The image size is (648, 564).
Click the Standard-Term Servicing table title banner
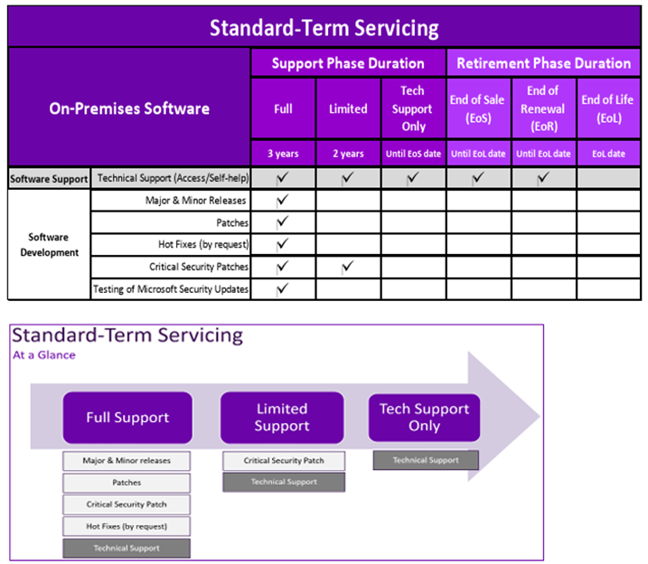tap(324, 27)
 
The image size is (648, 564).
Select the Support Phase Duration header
tap(348, 63)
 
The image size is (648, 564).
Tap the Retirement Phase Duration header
tap(543, 63)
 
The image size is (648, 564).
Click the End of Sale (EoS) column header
tap(478, 108)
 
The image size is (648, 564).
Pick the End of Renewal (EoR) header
tap(543, 108)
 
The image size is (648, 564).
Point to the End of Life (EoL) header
tap(608, 108)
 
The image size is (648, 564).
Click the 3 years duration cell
tap(283, 154)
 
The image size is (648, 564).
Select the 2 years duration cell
tap(348, 154)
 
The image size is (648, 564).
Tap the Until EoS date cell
tap(413, 154)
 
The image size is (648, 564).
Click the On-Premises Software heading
tap(129, 108)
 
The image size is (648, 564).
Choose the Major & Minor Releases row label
tap(195, 201)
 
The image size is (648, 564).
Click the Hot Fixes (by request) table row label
tap(203, 245)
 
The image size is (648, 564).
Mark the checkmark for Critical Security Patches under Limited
tap(348, 267)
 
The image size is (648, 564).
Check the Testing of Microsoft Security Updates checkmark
tap(282, 289)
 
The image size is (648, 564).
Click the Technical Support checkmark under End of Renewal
tap(543, 178)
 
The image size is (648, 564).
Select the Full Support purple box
tap(127, 418)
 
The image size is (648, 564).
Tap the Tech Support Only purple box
tap(424, 418)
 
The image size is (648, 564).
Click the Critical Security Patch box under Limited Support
tap(284, 461)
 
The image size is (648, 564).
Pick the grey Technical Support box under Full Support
tap(127, 549)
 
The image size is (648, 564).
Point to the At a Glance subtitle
tap(44, 355)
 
